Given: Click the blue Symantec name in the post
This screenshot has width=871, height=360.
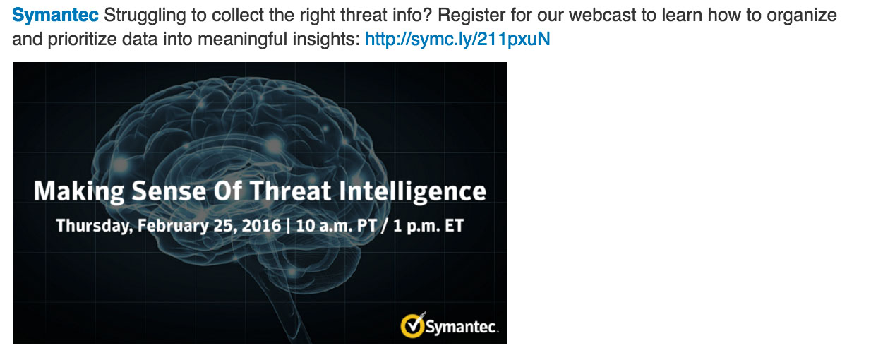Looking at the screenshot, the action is tap(55, 16).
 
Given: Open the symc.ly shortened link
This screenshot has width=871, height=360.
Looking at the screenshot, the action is tap(457, 39).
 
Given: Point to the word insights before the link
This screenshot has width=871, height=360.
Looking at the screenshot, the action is tap(326, 40).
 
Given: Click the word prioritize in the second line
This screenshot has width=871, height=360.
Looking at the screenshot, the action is tap(83, 40).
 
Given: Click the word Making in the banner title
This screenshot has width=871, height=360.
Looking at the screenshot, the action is tap(78, 191).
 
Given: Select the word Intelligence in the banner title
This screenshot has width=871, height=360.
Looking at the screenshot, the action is tap(412, 191).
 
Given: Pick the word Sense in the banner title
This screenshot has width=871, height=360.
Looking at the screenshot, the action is tap(169, 191).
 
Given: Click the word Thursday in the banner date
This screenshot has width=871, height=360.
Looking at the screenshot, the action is tap(95, 226).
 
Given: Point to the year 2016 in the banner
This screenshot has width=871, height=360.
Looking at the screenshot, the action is tap(261, 225).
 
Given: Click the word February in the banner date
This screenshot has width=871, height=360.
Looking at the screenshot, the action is tap(173, 226).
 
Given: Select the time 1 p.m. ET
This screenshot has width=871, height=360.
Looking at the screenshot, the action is tap(428, 226).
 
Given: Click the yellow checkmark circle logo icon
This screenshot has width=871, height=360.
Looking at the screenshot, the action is tap(412, 325).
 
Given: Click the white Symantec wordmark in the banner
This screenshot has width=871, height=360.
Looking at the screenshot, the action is tap(462, 327).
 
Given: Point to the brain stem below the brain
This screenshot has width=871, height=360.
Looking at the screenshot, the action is tap(288, 307).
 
